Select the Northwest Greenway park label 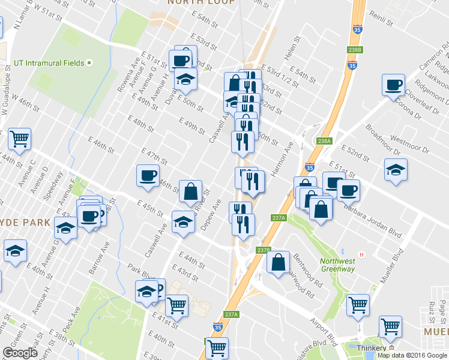[x=337, y=265]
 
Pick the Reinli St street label [x=381, y=19]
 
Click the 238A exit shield [x=324, y=141]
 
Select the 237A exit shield [x=232, y=314]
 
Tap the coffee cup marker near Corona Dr [x=394, y=85]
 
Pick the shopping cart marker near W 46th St [x=20, y=139]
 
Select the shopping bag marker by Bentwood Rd [x=278, y=262]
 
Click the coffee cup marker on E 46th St [x=148, y=175]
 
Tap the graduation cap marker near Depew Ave [x=183, y=221]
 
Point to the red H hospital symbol [x=361, y=254]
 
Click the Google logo [x=20, y=353]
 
